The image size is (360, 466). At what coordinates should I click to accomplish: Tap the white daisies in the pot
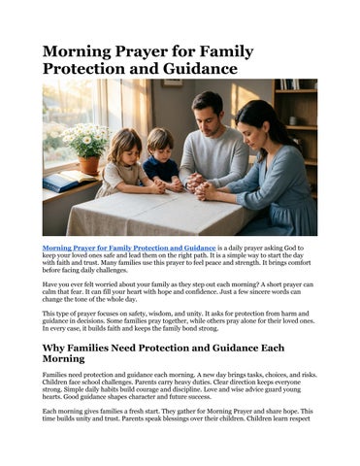click(x=83, y=141)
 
